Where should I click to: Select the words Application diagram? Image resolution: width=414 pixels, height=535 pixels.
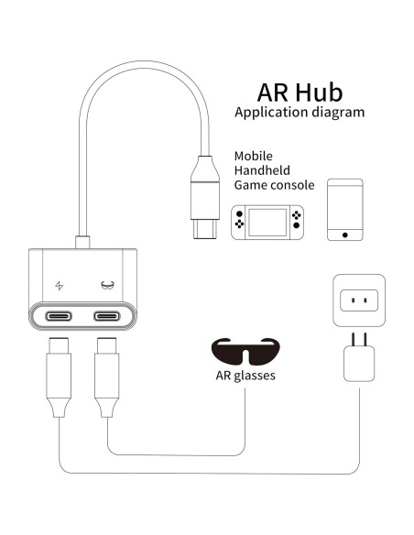click(x=300, y=114)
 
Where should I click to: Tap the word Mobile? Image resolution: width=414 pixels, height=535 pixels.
click(x=254, y=156)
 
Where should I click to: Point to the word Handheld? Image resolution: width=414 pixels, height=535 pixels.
click(x=263, y=170)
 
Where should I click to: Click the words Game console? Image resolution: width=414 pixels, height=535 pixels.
click(x=274, y=185)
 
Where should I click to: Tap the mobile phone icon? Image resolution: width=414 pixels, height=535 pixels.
click(x=344, y=210)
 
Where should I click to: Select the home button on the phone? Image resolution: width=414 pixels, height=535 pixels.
click(x=344, y=235)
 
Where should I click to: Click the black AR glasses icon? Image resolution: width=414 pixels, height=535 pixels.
click(x=245, y=350)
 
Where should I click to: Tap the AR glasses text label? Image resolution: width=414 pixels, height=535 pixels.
click(x=245, y=376)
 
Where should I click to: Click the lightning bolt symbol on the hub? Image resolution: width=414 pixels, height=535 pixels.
click(x=60, y=284)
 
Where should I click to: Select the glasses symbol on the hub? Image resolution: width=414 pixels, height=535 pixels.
click(x=107, y=284)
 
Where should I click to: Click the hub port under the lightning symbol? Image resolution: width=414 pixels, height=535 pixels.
click(x=60, y=317)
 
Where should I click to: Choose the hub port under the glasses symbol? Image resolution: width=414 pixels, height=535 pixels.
click(x=107, y=317)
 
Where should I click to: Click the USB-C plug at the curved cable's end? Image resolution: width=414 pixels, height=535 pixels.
click(x=202, y=197)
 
